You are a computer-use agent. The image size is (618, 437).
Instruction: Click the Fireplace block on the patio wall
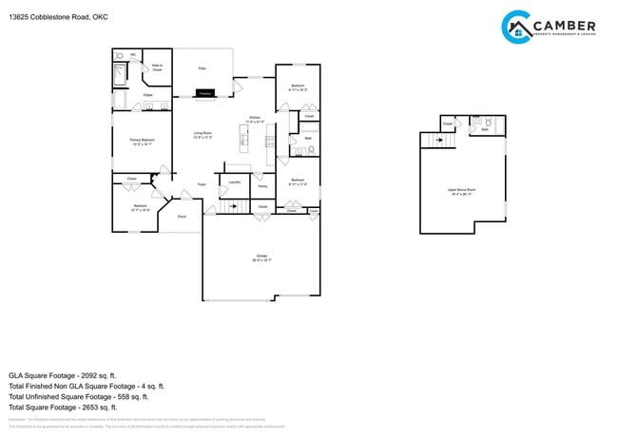pos(203,92)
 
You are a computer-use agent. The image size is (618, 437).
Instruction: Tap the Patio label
pos(202,68)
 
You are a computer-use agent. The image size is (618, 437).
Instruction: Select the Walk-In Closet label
pos(157,67)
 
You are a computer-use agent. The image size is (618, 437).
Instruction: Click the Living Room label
pos(203,134)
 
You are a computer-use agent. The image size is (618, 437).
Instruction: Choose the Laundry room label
pos(234,180)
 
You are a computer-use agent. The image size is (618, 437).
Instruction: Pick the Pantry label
pos(262,186)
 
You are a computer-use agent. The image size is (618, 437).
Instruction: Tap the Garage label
pos(261,256)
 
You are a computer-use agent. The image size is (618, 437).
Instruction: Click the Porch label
pos(181,217)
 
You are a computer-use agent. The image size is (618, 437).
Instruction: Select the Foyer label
pos(202,183)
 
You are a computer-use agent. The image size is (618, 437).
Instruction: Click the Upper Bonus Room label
pos(461,190)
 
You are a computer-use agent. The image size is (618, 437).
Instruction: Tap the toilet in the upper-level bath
pos(487,123)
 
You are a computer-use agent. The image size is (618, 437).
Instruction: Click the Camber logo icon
pos(516,27)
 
